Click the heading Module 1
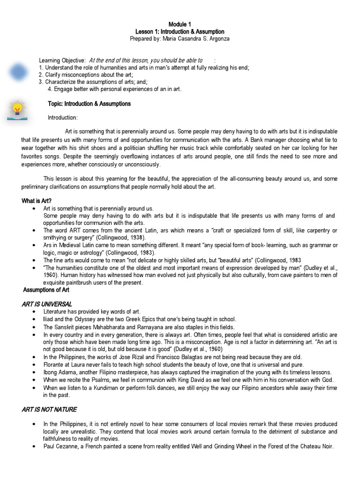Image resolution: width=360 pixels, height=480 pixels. point(180,24)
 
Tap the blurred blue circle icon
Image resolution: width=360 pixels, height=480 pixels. point(18,72)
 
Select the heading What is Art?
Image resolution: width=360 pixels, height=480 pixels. point(37,201)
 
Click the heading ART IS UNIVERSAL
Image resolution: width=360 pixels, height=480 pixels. point(47,304)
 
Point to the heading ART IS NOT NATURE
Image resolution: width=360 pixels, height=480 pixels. point(49,409)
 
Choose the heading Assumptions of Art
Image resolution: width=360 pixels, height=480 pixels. point(46,290)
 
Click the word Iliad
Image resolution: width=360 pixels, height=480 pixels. point(49,319)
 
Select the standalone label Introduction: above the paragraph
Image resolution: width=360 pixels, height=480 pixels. point(63,117)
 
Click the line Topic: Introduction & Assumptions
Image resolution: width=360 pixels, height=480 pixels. point(90,104)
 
